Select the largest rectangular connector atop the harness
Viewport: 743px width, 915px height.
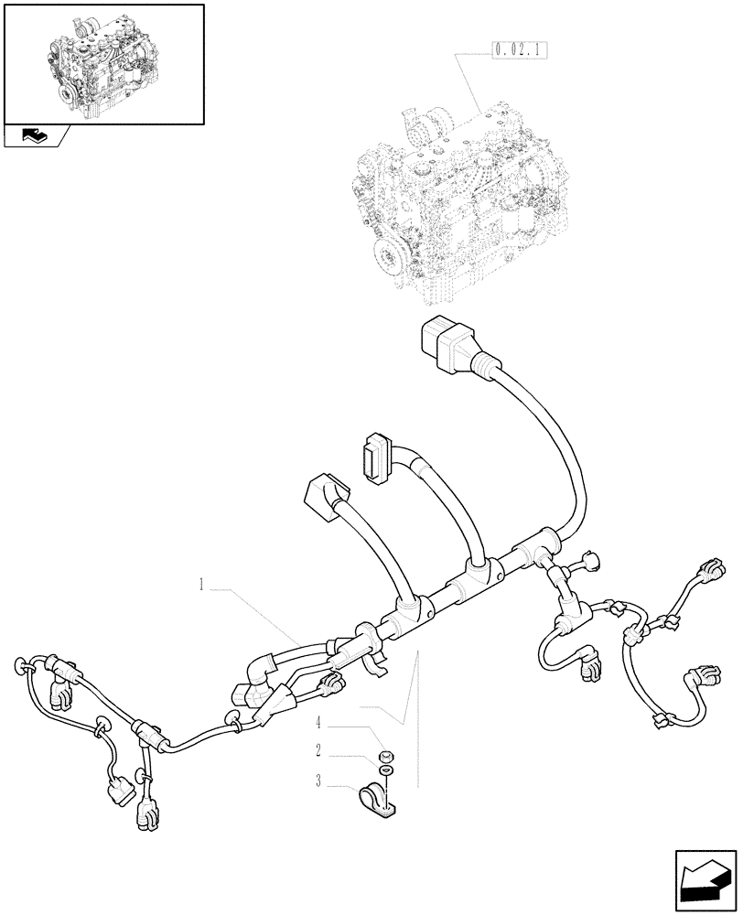coord(446,343)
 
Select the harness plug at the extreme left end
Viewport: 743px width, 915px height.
coord(19,665)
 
